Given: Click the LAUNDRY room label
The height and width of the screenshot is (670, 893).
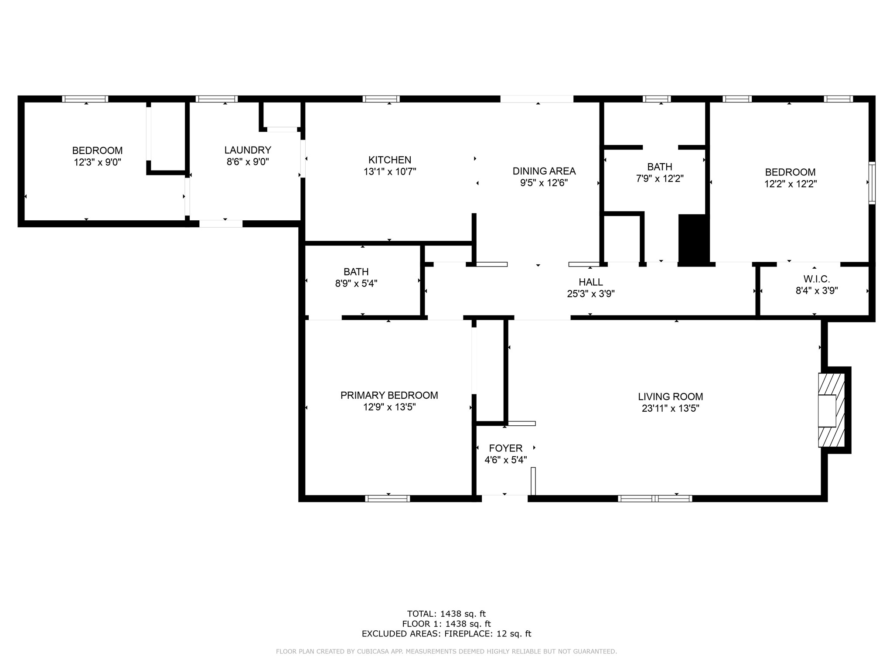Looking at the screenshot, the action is pyautogui.click(x=248, y=150).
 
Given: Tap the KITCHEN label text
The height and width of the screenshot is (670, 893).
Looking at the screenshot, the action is pyautogui.click(x=390, y=160).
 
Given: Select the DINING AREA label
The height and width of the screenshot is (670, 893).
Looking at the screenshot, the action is pyautogui.click(x=544, y=171).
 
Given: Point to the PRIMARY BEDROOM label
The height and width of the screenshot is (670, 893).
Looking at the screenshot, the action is pyautogui.click(x=389, y=395).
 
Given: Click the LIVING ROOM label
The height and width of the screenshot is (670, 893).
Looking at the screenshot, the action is pyautogui.click(x=671, y=397).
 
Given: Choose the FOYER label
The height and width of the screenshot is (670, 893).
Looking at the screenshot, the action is pyautogui.click(x=506, y=448).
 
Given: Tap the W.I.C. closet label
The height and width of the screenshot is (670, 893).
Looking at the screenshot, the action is pyautogui.click(x=817, y=279).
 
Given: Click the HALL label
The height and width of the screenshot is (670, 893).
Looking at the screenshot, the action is pyautogui.click(x=591, y=282).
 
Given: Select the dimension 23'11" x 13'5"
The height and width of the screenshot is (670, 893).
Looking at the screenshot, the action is pyautogui.click(x=671, y=408).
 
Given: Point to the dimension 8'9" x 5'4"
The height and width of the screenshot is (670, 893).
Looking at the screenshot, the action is pyautogui.click(x=356, y=284).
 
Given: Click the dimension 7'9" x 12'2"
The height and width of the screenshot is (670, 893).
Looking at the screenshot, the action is pyautogui.click(x=660, y=178).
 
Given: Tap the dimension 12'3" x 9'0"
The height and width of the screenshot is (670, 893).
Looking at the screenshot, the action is pyautogui.click(x=97, y=162).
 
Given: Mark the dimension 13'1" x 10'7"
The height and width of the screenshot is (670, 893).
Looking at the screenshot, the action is pyautogui.click(x=390, y=172).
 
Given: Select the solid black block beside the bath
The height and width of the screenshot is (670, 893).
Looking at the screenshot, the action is pyautogui.click(x=694, y=240).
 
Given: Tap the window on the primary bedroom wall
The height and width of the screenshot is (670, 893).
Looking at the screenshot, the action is pyautogui.click(x=388, y=499).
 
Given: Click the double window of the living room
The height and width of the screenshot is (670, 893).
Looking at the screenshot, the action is pyautogui.click(x=655, y=499).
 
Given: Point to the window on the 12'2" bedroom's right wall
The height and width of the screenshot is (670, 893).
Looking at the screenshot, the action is pyautogui.click(x=872, y=183).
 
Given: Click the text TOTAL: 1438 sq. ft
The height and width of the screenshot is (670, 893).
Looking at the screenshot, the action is pyautogui.click(x=446, y=614).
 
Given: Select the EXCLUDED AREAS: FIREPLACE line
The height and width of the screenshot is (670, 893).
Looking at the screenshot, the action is pyautogui.click(x=446, y=634).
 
